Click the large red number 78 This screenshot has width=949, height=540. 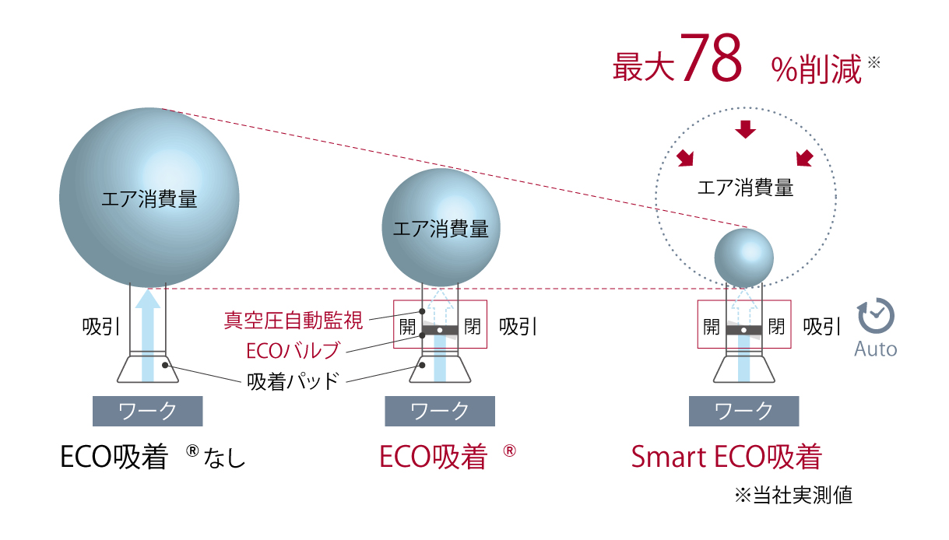[x=712, y=58]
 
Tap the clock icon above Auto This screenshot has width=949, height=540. [x=876, y=316]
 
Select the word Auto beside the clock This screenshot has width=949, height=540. [x=875, y=349]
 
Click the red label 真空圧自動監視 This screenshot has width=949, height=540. [x=293, y=320]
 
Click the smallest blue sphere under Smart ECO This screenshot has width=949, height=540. [x=744, y=258]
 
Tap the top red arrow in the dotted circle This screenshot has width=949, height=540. [x=745, y=129]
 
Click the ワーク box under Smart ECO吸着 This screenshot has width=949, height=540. [x=744, y=411]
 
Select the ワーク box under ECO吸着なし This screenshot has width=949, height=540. [x=147, y=411]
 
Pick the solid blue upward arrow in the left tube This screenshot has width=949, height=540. [x=147, y=335]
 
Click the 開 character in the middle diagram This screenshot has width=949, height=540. [x=408, y=327]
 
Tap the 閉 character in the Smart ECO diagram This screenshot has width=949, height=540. [x=776, y=327]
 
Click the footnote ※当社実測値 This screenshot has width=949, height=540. [x=793, y=495]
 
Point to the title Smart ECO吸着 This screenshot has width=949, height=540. [x=726, y=457]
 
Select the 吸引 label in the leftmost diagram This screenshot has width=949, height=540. [x=101, y=327]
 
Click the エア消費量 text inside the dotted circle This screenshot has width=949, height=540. [x=745, y=188]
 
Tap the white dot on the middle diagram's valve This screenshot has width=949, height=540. [x=440, y=330]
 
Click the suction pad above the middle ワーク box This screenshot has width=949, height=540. [x=440, y=369]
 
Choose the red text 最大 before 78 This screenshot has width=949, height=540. [x=644, y=67]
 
